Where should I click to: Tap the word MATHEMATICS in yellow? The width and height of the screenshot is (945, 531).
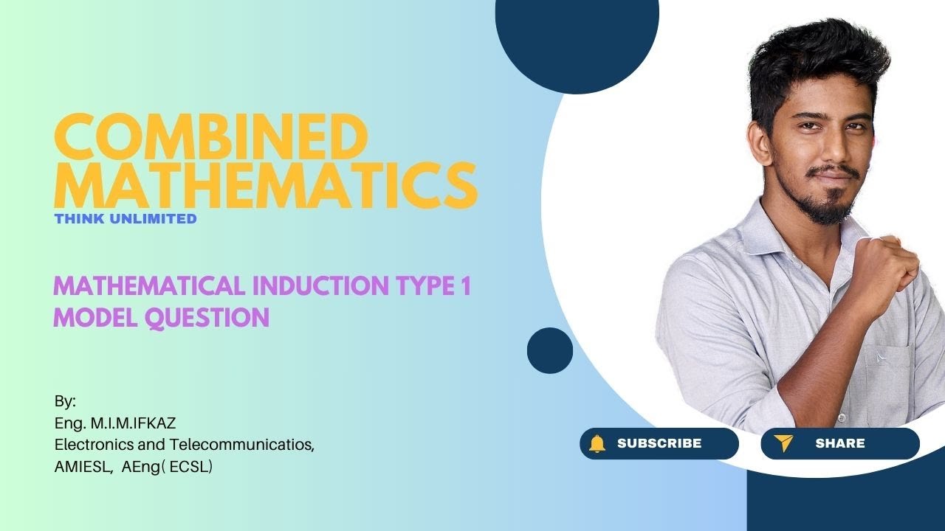coord(266,186)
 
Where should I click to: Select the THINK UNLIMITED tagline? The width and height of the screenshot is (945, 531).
coord(126,218)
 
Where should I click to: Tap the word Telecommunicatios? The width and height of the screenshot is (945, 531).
coord(242,445)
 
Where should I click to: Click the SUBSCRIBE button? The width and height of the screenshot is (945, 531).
coord(659,443)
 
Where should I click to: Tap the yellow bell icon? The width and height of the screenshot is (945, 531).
coord(597,443)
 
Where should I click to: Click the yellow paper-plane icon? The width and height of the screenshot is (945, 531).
coord(783,443)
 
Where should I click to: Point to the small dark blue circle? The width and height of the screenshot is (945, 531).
coord(550,350)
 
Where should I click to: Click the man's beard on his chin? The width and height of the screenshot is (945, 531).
coord(834,210)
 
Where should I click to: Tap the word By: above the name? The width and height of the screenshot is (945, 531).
coord(65,402)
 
